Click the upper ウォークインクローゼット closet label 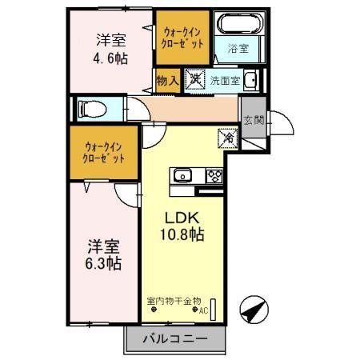pos(183,37)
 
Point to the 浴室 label pos(238,47)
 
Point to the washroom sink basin pos(250,79)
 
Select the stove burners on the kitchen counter pos(213,176)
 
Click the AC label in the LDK pos(202,310)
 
